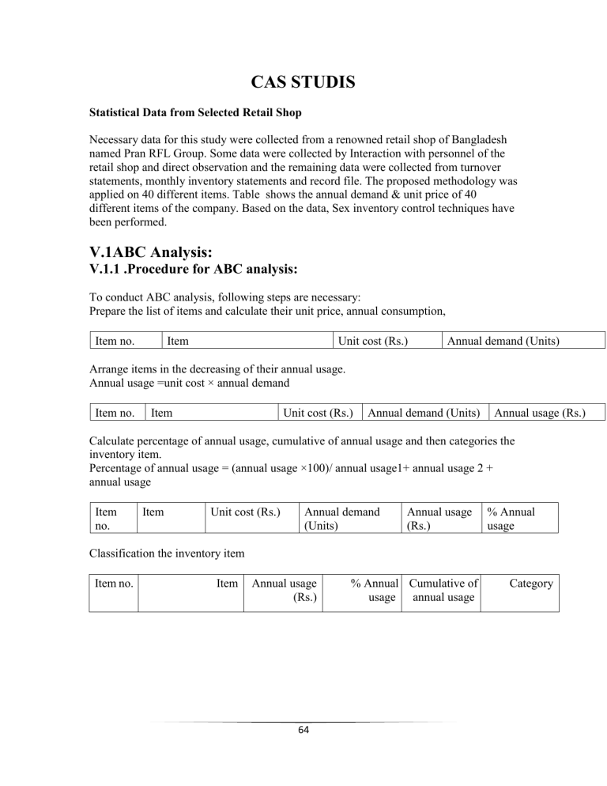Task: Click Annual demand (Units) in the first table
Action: [x=503, y=341]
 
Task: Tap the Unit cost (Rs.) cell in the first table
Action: [x=372, y=341]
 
